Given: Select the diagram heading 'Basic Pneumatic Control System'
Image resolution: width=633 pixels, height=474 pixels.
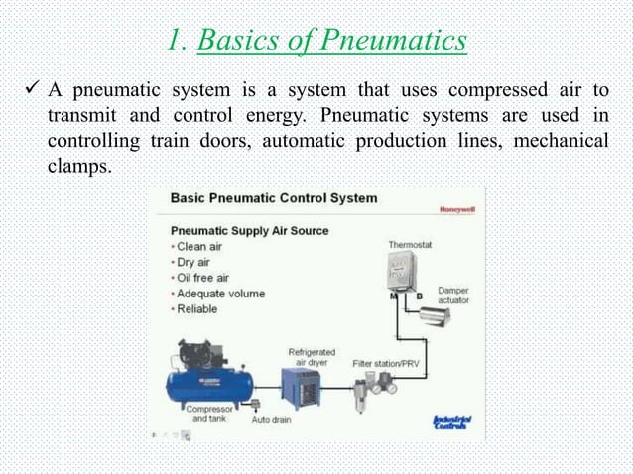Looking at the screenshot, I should point(274,198).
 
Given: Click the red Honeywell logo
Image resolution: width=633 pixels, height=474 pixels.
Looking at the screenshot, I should point(454,209).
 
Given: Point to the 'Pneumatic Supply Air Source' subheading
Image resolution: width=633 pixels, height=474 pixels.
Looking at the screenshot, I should point(249,231).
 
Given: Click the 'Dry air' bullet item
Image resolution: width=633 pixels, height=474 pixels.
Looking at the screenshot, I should point(197,263).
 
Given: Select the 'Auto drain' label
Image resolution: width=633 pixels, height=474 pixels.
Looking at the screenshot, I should point(272,420).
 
